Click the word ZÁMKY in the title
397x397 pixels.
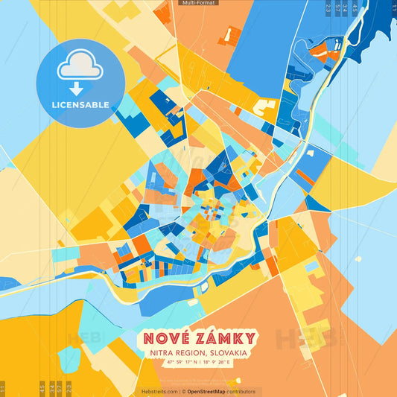pyautogui.click(x=223, y=339)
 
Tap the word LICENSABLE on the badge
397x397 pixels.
pyautogui.click(x=80, y=104)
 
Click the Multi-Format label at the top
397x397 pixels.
pyautogui.click(x=199, y=3)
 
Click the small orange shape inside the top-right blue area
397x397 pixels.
pyautogui.click(x=318, y=51)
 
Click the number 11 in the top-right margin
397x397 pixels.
pyautogui.click(x=392, y=7)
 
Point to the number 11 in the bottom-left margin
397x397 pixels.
pyautogui.click(x=3, y=388)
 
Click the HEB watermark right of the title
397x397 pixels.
pyautogui.click(x=305, y=339)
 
